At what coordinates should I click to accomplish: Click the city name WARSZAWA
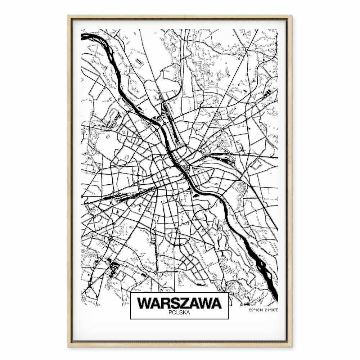point(179,303)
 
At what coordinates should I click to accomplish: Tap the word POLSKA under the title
point(179,313)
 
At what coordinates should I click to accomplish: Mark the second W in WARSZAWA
point(204,303)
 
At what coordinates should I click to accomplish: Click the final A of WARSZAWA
point(215,303)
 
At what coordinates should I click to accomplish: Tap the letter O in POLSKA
point(174,313)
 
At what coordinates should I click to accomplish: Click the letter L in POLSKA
point(177,313)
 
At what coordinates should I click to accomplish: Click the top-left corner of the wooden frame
point(68,15)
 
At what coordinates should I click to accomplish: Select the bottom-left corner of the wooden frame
point(68,346)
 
